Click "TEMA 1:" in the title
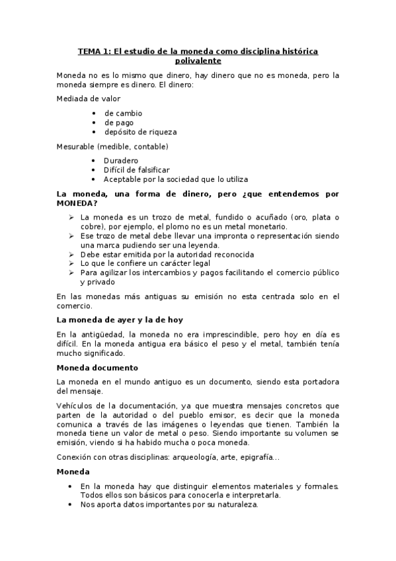pyautogui.click(x=93, y=50)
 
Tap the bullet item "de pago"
pyautogui.click(x=119, y=122)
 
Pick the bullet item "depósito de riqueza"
pyautogui.click(x=140, y=132)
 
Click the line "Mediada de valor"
pyautogui.click(x=89, y=99)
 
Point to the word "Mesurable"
pyautogui.click(x=75, y=146)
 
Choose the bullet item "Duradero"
pyautogui.click(x=121, y=161)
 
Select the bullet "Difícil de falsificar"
pyautogui.click(x=136, y=170)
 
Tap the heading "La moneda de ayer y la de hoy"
pyautogui.click(x=120, y=320)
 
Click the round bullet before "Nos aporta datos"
pyautogui.click(x=71, y=504)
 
